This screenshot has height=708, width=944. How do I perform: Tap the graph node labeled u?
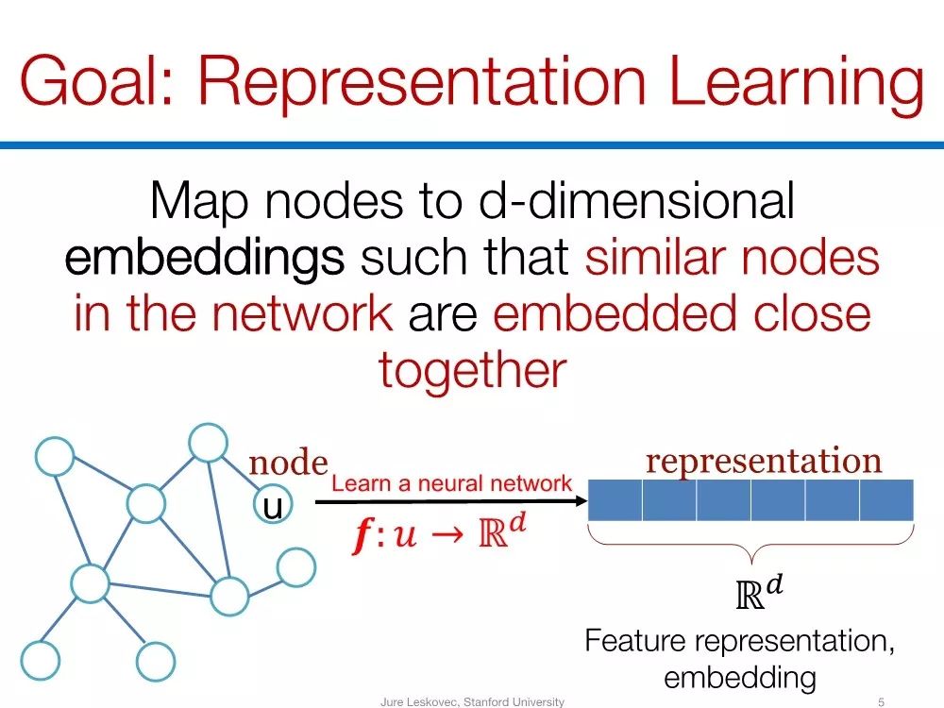coord(272,508)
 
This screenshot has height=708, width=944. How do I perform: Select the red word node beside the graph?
coord(288,464)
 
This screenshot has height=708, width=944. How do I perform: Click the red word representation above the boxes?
coord(763,461)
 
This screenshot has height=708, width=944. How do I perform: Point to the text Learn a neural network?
coord(452,484)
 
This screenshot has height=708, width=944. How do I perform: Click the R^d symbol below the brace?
coord(760,593)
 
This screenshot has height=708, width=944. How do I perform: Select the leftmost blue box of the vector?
coord(615,500)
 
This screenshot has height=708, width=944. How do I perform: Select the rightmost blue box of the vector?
coord(887,500)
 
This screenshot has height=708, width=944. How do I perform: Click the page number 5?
coord(881,701)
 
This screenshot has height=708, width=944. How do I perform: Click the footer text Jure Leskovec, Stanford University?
coord(472,701)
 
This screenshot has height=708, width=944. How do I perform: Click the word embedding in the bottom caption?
coord(739,677)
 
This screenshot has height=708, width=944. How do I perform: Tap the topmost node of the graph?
coord(205,442)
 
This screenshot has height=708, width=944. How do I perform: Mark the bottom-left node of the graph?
coord(40,660)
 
